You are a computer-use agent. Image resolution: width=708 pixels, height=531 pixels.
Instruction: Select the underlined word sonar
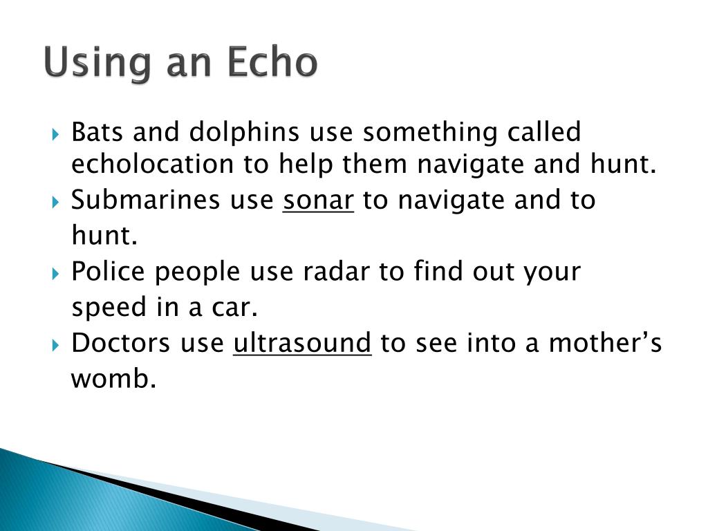[x=319, y=201]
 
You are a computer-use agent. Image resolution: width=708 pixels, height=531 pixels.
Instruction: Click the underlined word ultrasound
[x=302, y=343]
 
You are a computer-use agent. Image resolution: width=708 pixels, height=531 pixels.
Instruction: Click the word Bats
[x=95, y=131]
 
